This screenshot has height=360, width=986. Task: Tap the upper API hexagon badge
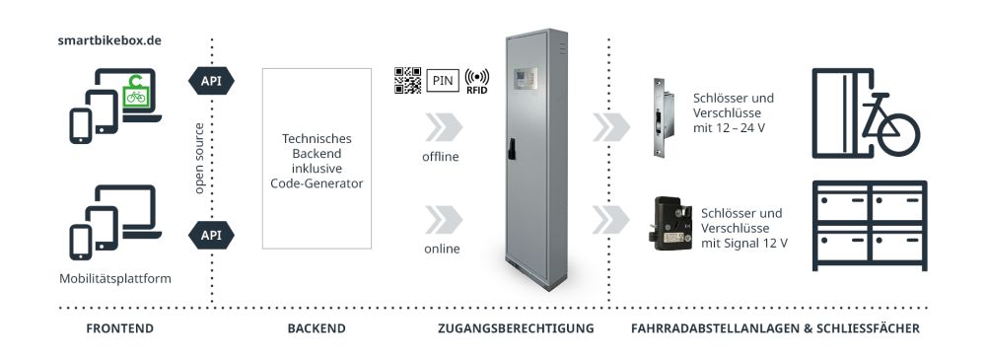[x=211, y=80]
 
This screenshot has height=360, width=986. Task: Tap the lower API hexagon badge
[x=211, y=235]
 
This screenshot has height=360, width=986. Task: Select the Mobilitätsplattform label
[x=116, y=278]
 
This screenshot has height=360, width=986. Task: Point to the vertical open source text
[x=199, y=158]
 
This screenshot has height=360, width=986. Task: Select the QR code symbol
[x=408, y=80]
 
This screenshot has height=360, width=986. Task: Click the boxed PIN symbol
[x=444, y=81]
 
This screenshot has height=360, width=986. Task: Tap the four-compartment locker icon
[x=869, y=225]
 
